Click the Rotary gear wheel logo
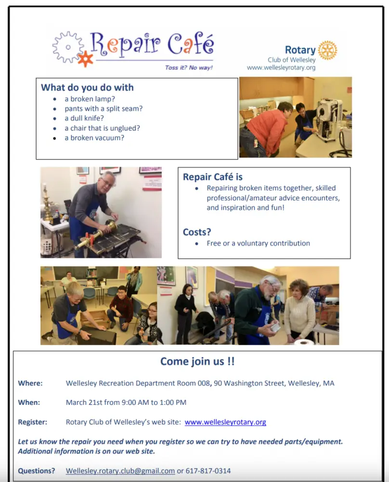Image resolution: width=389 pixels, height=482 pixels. click(327, 50)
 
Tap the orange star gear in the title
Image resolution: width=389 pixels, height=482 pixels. click(85, 59)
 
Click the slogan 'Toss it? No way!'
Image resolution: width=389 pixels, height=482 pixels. click(189, 68)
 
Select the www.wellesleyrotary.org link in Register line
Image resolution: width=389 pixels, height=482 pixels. click(225, 422)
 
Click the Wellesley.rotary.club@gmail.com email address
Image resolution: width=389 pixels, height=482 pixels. click(120, 471)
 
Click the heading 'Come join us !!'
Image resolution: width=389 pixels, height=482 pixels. click(197, 361)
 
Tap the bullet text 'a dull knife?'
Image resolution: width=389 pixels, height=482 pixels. click(84, 119)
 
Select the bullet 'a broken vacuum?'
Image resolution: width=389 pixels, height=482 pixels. click(94, 138)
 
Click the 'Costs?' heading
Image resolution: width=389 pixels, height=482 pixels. click(197, 232)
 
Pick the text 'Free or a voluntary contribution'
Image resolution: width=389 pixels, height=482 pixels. click(258, 243)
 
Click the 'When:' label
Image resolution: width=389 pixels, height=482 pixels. click(29, 402)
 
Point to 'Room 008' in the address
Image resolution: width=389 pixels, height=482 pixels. click(194, 384)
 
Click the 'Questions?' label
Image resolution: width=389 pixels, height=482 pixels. click(37, 471)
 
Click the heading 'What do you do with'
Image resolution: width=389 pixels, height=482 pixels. click(87, 88)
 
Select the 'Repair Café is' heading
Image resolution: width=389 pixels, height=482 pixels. click(213, 177)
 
